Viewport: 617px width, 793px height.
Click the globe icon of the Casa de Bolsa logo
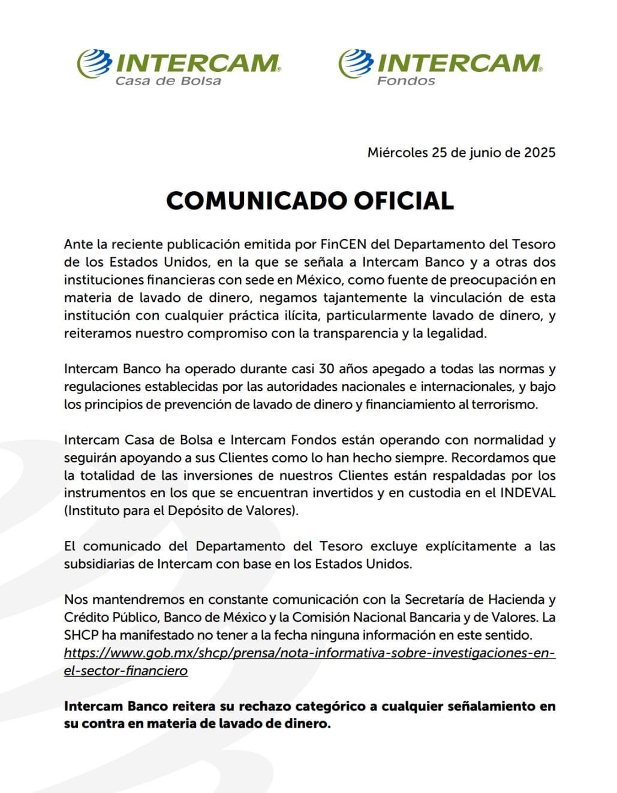[94, 63]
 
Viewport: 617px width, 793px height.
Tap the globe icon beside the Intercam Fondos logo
[355, 63]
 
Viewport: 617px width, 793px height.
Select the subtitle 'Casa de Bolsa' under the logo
[168, 81]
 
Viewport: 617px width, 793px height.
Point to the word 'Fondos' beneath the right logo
[406, 81]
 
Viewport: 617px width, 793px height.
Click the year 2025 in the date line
[540, 152]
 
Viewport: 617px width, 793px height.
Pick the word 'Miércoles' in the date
[397, 152]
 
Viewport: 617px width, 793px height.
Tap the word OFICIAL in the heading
[402, 200]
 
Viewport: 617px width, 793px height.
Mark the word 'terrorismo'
[506, 404]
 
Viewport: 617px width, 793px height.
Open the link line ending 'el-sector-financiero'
[126, 670]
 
